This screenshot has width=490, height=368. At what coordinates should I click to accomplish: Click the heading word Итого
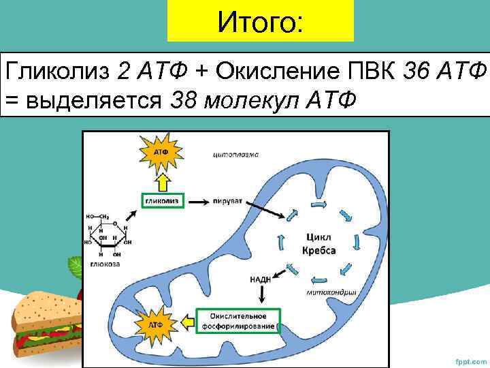259,22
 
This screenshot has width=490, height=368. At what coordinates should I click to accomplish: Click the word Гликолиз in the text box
57,70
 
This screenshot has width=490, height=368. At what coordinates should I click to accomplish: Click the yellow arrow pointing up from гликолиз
162,181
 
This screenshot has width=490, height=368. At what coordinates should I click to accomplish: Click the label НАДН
261,279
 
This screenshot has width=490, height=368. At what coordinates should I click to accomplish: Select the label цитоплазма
235,154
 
